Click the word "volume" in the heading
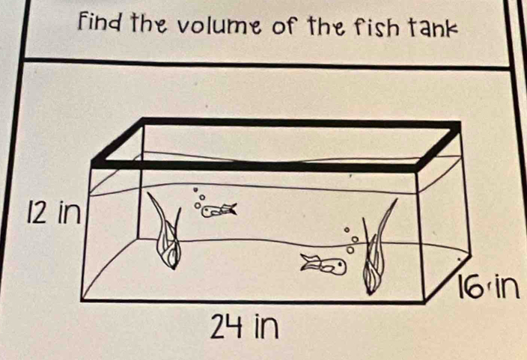tap(221, 25)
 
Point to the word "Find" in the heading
tap(102, 22)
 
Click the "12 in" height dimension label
tap(54, 213)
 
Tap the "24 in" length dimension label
tap(244, 326)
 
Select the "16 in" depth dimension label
tap(489, 287)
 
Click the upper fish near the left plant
tap(219, 210)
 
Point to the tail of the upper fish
tap(230, 209)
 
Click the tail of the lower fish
tap(311, 262)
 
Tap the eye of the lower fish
tap(340, 264)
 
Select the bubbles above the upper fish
tap(198, 198)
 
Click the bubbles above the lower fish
tap(350, 240)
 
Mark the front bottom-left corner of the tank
tap(82, 299)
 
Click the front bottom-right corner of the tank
tap(425, 302)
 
